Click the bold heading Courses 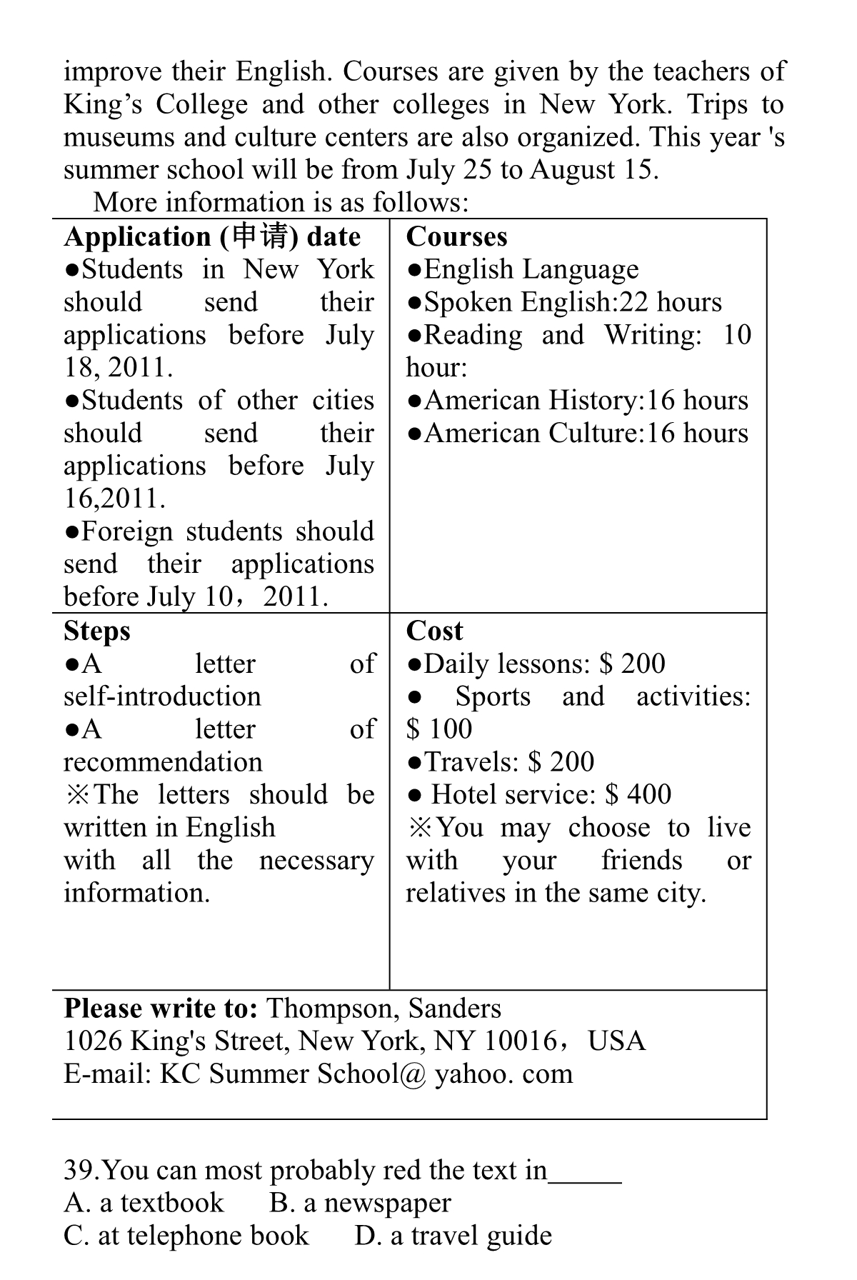pos(456,236)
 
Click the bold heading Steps pos(97,631)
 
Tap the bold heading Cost pos(434,631)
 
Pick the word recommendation pos(163,762)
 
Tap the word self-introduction pos(163,696)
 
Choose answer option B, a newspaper pos(360,1204)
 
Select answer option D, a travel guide pos(453,1236)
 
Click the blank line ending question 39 pos(585,1175)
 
